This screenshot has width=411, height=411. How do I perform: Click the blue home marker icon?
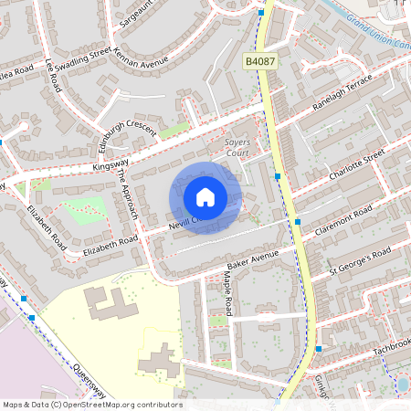pyautogui.click(x=205, y=196)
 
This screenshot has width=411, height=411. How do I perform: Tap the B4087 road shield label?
pyautogui.click(x=259, y=61)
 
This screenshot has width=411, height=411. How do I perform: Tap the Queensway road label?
pyautogui.click(x=80, y=373)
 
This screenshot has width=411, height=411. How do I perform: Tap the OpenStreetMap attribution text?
pyautogui.click(x=91, y=405)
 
